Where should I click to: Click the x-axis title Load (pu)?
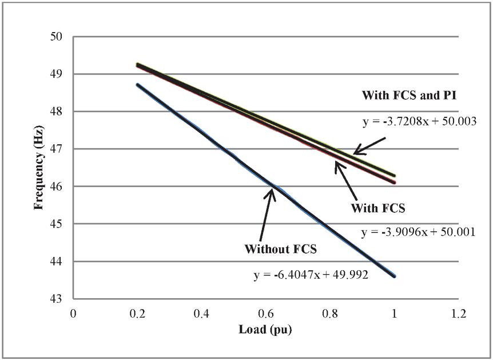point(266,330)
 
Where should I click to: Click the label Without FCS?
point(280,250)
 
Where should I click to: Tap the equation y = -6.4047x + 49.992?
point(310,275)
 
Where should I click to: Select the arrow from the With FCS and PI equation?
point(371,145)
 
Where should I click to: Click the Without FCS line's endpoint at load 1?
point(395,276)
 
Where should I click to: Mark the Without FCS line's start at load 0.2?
point(137,85)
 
